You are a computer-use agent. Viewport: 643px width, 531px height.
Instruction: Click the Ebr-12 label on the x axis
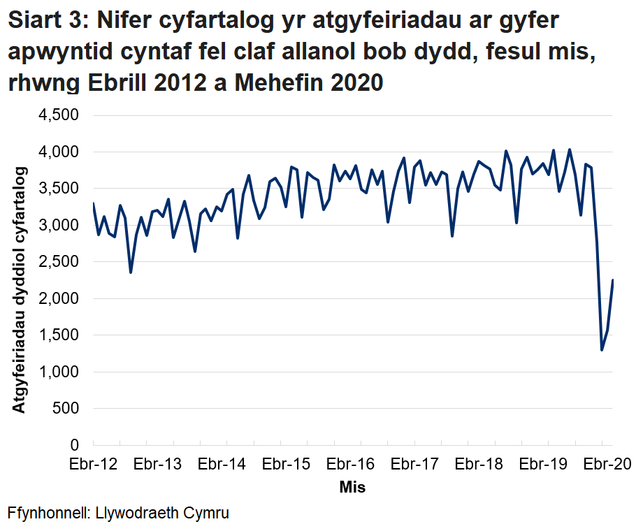point(94,464)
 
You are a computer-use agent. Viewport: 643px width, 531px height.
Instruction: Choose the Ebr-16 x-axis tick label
point(351,464)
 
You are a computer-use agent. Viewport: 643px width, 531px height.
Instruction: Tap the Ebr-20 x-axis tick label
point(607,464)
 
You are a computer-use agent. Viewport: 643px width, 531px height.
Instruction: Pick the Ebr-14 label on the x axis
point(222,464)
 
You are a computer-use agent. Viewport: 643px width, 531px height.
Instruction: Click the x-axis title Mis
point(352,487)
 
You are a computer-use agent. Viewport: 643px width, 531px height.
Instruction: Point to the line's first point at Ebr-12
point(93,203)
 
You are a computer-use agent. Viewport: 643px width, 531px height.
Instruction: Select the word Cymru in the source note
point(205,512)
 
